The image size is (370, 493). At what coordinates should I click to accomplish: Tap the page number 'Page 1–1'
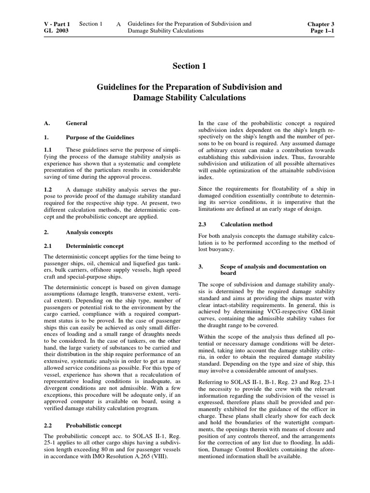(322, 31)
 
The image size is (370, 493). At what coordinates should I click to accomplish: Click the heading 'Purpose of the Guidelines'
(100, 137)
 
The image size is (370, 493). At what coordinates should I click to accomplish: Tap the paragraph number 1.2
(48, 190)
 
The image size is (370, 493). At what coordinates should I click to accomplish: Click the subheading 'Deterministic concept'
(94, 246)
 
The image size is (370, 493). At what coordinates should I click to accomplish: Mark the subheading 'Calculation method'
(246, 224)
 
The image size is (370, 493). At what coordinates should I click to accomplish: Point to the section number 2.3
(203, 224)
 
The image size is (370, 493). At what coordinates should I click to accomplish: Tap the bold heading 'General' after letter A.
(76, 123)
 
